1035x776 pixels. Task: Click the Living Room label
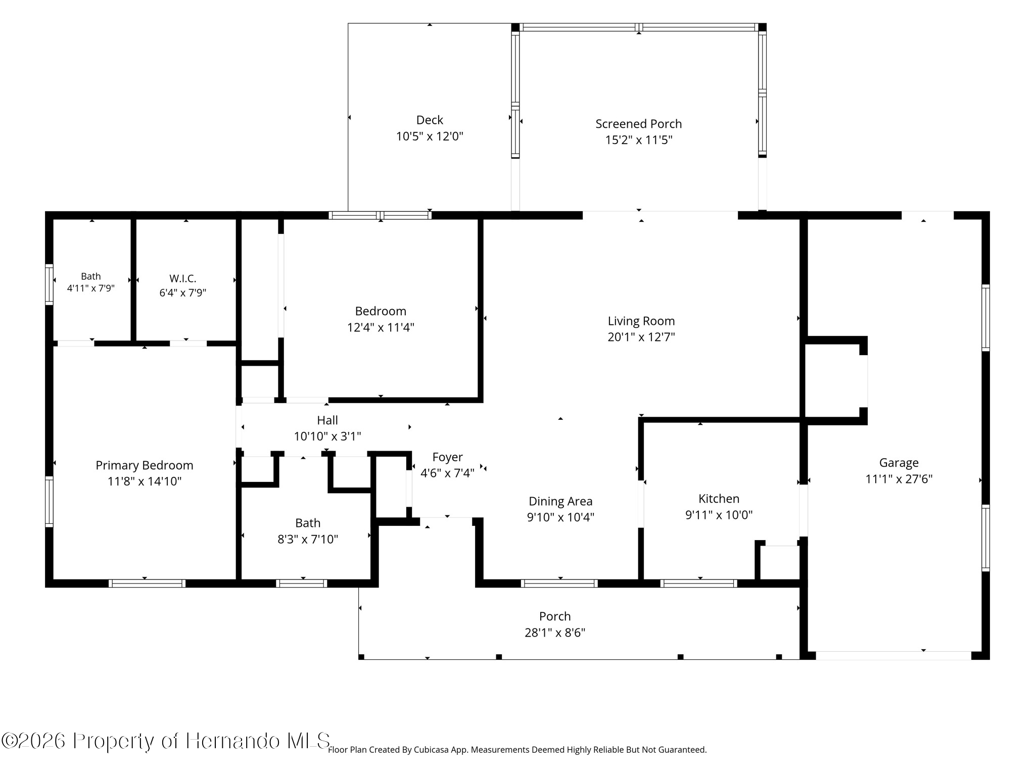(641, 321)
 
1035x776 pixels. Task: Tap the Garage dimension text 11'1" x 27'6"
(899, 479)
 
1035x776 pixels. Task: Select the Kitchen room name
(719, 499)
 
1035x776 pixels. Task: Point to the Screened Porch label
(639, 124)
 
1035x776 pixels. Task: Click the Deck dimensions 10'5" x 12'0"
(430, 136)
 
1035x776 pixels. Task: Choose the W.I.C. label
(183, 278)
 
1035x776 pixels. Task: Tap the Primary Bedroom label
(145, 465)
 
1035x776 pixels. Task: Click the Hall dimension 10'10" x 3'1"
(327, 437)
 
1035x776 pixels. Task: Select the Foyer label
(447, 457)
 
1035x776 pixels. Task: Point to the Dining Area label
(560, 501)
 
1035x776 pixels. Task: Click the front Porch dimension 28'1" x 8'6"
(555, 633)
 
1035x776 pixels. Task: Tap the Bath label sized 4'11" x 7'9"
(91, 276)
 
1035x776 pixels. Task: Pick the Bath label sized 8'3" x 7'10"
(308, 523)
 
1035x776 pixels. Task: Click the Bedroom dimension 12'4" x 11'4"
(381, 327)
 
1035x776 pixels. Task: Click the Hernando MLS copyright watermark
(166, 741)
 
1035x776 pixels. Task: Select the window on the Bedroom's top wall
(380, 215)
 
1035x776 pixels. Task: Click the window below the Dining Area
(559, 584)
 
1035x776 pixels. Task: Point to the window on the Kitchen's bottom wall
(699, 584)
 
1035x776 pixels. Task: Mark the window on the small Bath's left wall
(49, 284)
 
